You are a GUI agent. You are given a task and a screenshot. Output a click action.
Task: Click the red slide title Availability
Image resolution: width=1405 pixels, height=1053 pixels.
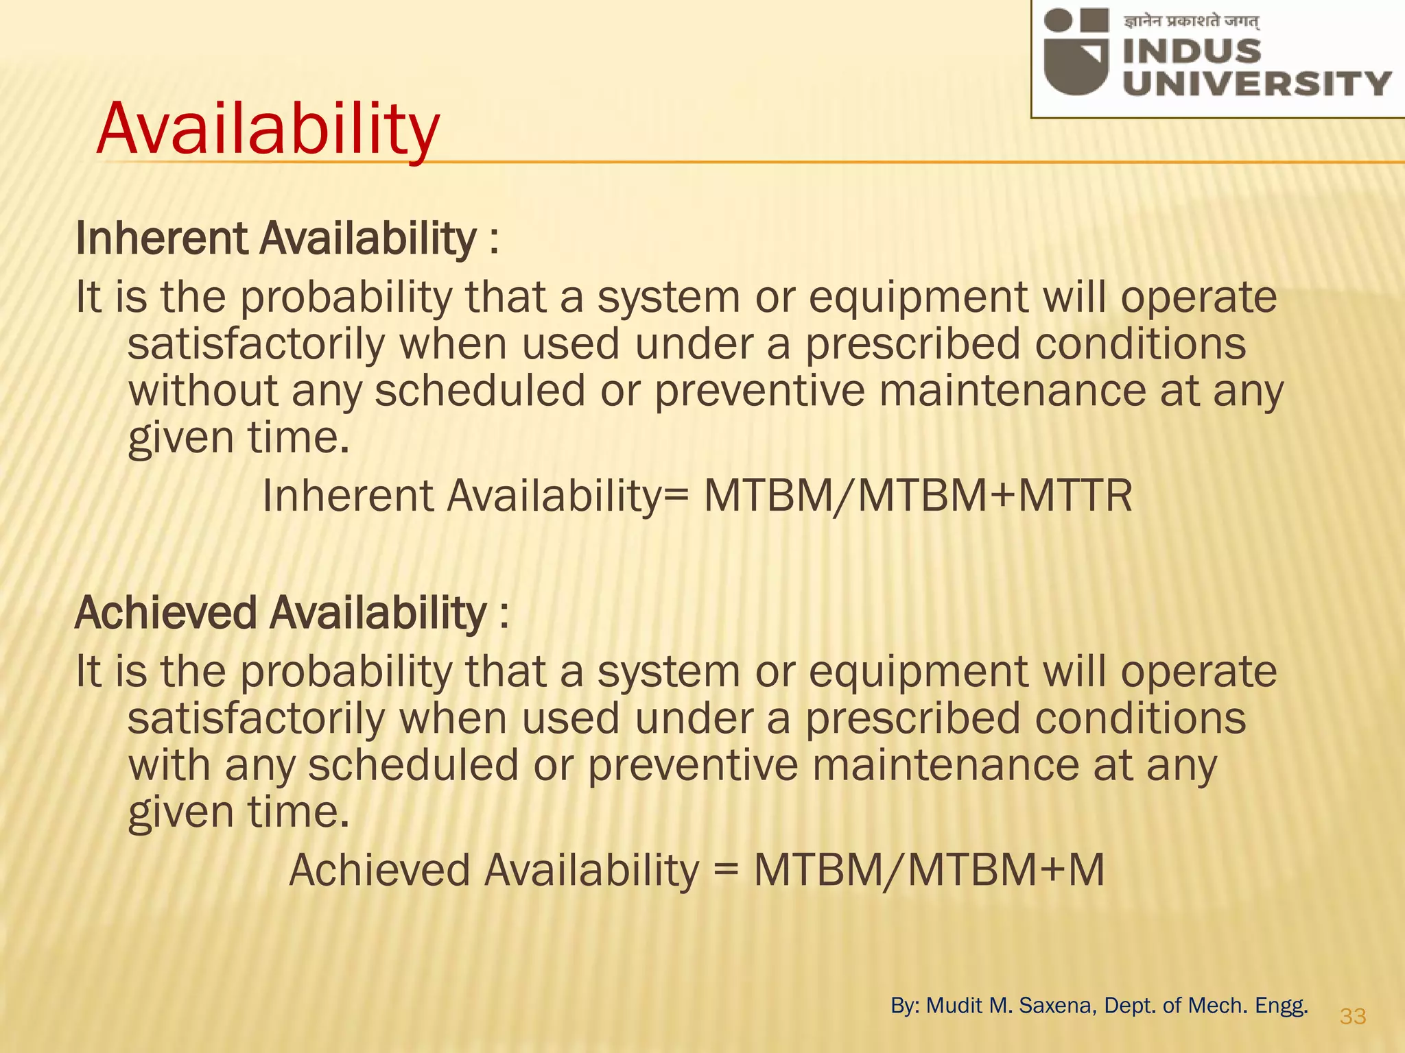[x=268, y=129]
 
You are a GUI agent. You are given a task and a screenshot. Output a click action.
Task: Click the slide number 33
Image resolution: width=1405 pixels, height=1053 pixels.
[x=1353, y=1016]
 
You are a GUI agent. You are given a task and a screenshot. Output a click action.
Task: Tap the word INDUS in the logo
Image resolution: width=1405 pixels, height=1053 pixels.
[x=1192, y=52]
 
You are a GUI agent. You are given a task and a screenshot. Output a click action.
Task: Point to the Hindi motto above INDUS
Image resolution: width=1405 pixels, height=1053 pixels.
[x=1191, y=22]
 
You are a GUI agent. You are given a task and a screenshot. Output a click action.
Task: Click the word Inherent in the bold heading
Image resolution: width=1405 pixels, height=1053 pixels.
[x=161, y=239]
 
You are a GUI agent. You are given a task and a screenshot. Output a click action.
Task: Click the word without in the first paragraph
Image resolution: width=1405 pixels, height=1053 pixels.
[x=202, y=391]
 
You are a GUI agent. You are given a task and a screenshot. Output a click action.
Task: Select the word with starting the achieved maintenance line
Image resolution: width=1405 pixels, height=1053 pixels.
[x=169, y=765]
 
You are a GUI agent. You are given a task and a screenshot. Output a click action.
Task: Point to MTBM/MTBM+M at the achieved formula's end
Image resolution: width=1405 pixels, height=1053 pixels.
[x=929, y=871]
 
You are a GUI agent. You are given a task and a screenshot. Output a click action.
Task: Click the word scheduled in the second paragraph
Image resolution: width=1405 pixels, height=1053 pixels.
[x=413, y=765]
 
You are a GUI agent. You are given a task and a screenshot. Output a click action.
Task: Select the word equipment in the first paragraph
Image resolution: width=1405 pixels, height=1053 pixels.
[x=918, y=298]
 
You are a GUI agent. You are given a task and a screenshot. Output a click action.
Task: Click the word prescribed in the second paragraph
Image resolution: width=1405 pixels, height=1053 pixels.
[x=912, y=718]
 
